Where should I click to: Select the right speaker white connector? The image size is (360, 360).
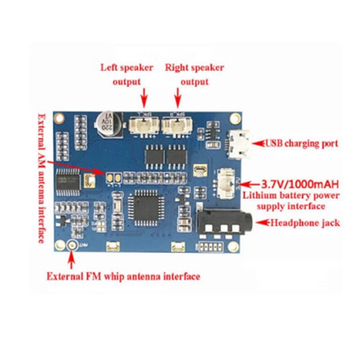tap(176, 126)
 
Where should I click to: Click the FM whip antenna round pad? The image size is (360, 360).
tap(71, 245)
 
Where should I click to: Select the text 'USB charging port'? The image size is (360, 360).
tap(301, 144)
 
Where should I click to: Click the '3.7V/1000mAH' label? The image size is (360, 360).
tap(297, 184)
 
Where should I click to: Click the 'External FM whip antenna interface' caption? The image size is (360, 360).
tap(123, 276)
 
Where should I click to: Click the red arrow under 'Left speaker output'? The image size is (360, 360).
tap(144, 96)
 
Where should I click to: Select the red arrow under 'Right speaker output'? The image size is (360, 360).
tap(178, 96)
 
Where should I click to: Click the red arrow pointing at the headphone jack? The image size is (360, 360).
tap(261, 223)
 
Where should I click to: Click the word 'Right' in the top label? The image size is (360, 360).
tap(176, 68)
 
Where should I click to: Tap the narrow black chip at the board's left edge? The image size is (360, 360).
tap(68, 182)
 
